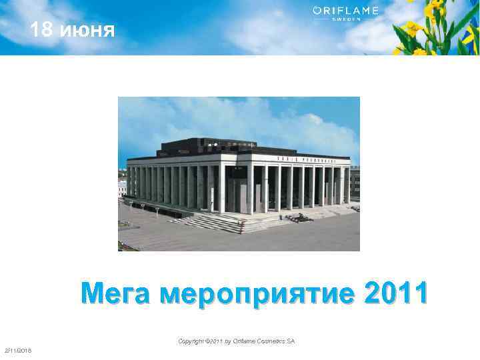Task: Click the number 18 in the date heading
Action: (43, 30)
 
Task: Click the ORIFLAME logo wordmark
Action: (345, 10)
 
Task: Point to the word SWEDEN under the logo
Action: (345, 19)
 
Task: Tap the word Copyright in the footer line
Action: (192, 341)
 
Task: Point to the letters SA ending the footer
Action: (291, 341)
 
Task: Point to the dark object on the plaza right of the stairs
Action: (303, 217)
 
